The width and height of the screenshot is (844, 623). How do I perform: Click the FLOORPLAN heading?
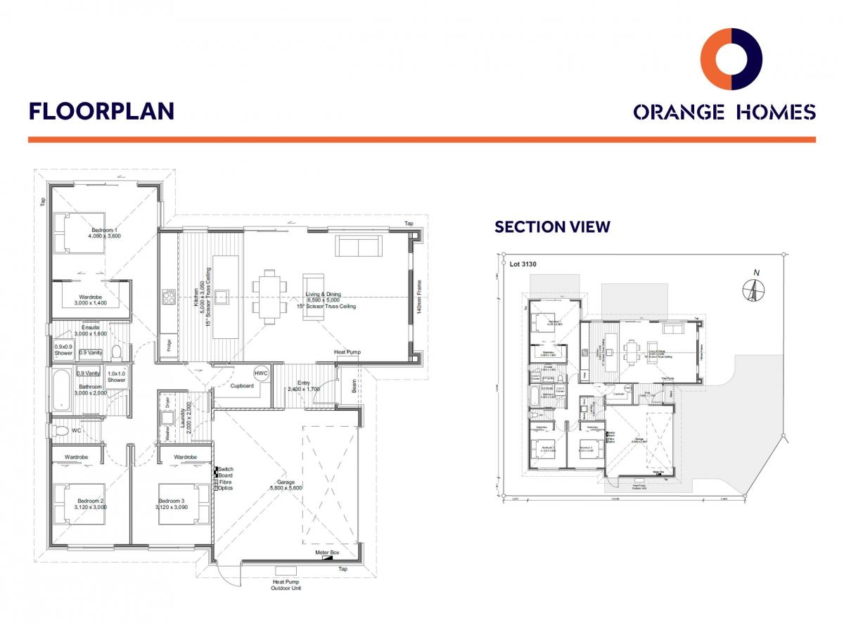click(101, 111)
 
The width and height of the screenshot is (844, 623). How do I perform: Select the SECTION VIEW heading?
click(552, 226)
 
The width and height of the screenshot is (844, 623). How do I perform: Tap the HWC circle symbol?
click(261, 373)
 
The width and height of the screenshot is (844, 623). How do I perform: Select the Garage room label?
click(286, 482)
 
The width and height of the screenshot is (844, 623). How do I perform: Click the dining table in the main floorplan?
click(271, 296)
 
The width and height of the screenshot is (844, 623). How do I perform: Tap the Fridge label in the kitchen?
click(169, 345)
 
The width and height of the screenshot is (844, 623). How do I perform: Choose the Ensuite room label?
click(90, 328)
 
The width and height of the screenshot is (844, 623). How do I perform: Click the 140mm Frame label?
click(419, 299)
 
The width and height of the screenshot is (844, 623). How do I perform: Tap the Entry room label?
click(303, 383)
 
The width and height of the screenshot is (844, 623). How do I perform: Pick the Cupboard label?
click(241, 385)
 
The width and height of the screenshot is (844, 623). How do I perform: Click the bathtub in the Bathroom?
click(62, 387)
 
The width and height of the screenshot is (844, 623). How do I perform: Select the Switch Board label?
click(225, 473)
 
